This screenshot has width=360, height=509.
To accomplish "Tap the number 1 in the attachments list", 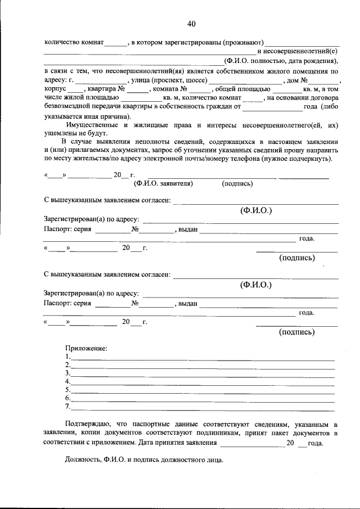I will (67, 357).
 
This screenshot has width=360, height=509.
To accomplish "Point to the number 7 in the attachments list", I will (67, 406).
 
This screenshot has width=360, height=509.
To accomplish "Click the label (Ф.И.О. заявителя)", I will (163, 183).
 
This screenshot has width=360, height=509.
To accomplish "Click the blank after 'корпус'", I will (75, 90).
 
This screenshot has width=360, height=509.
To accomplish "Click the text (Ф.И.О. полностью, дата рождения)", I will (281, 61).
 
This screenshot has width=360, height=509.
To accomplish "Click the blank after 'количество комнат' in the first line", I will (116, 43).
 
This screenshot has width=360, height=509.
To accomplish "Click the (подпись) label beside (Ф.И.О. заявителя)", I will (237, 183).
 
